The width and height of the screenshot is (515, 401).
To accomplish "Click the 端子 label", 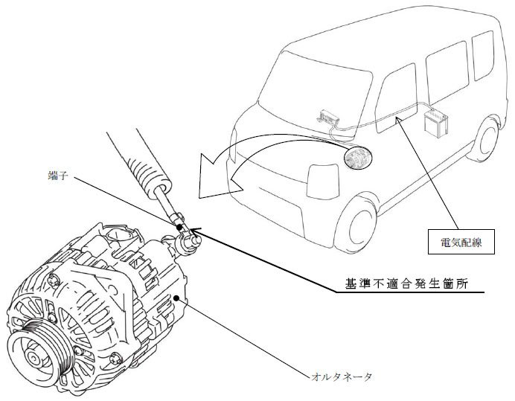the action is click(x=58, y=176).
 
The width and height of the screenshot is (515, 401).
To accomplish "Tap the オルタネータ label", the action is click(x=342, y=376).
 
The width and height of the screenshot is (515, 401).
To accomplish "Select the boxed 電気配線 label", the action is click(x=461, y=242).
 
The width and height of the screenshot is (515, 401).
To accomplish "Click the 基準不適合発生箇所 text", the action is click(x=406, y=283).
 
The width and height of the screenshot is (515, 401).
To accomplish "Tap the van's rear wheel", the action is click(x=487, y=139).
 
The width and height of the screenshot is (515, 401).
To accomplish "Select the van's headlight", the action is click(x=322, y=182).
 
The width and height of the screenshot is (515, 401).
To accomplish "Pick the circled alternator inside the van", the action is click(x=358, y=158).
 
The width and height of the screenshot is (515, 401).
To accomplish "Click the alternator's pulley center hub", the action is click(x=33, y=359).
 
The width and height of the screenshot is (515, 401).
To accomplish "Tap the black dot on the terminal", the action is click(x=179, y=227).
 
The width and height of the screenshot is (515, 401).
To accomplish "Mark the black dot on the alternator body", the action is click(x=176, y=298).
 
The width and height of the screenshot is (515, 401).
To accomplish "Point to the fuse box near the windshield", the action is click(x=327, y=116).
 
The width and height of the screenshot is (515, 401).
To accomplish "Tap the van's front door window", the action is click(x=397, y=98).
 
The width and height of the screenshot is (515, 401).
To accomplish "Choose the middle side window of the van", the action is click(x=447, y=71).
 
